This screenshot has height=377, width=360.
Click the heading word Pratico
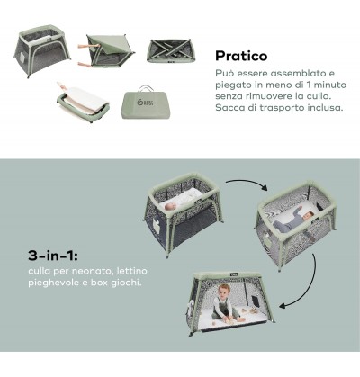coord(241,56)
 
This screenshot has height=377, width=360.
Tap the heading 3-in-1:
coord(53,256)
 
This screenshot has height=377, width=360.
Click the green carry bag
coord(141,102)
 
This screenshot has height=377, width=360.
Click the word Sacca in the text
coord(229,108)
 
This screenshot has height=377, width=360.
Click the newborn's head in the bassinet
coord(171,206)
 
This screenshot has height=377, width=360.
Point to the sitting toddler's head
coord(224,290)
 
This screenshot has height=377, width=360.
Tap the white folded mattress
coord(83,99)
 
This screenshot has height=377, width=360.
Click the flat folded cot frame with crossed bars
coord(171,51)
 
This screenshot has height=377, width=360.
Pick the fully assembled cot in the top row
coord(42,50)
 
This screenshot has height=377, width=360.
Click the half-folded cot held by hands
coord(105,51)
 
